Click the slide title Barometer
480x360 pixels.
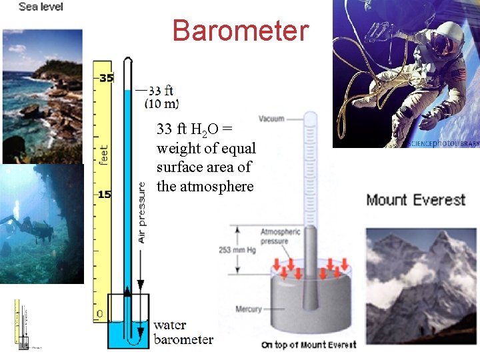point(240,30)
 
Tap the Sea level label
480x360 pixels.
point(41,7)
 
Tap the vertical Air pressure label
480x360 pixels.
point(141,211)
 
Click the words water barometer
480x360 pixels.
point(183,332)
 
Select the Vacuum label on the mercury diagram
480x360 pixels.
point(271,119)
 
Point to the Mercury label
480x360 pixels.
point(249,309)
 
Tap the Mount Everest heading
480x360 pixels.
point(415,200)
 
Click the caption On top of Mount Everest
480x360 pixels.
point(308,345)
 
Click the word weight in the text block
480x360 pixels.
point(177,148)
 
